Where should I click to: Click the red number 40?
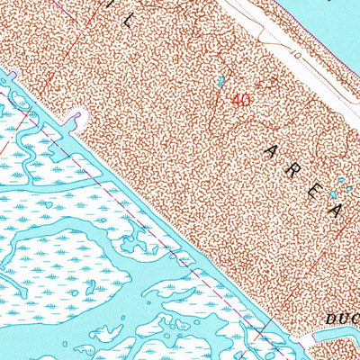[x=239, y=100]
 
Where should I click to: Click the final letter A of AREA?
[x=336, y=211]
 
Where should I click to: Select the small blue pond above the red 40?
[x=221, y=83]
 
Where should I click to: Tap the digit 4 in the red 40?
[x=235, y=100]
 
